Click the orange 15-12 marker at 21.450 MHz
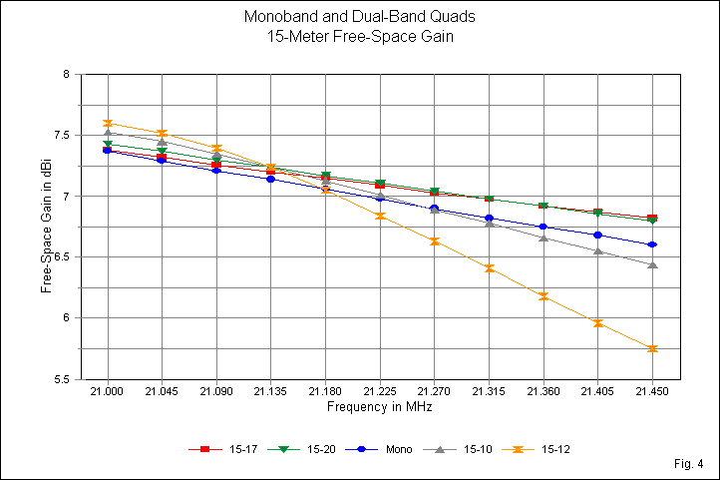point(652,348)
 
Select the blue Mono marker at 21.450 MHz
point(652,244)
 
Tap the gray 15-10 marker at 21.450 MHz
point(652,264)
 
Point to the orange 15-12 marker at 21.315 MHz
point(489,268)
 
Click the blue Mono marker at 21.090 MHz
point(216,171)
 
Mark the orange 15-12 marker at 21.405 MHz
point(597,323)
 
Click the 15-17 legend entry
point(213,449)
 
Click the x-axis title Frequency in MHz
point(379,408)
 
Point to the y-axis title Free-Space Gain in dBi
point(46,228)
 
